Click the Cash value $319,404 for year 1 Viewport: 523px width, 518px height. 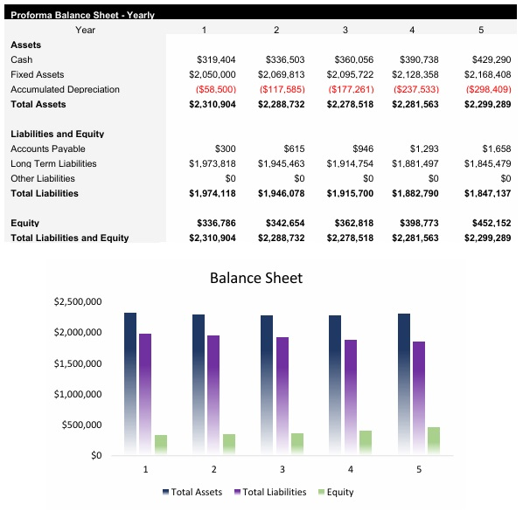point(216,59)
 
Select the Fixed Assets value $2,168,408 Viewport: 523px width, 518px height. point(487,74)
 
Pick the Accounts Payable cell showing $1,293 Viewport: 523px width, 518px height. point(425,148)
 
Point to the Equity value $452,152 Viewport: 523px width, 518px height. point(491,223)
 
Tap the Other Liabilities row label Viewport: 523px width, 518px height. point(42,178)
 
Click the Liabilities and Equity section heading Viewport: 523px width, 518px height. point(57,134)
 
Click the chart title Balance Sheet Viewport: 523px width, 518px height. point(256,278)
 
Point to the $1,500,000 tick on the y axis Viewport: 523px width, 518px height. point(78,363)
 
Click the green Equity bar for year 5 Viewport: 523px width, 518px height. point(434,440)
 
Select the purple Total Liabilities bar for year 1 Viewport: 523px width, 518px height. point(145,393)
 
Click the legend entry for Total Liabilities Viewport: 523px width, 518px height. point(271,492)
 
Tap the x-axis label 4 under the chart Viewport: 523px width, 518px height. point(350,469)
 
